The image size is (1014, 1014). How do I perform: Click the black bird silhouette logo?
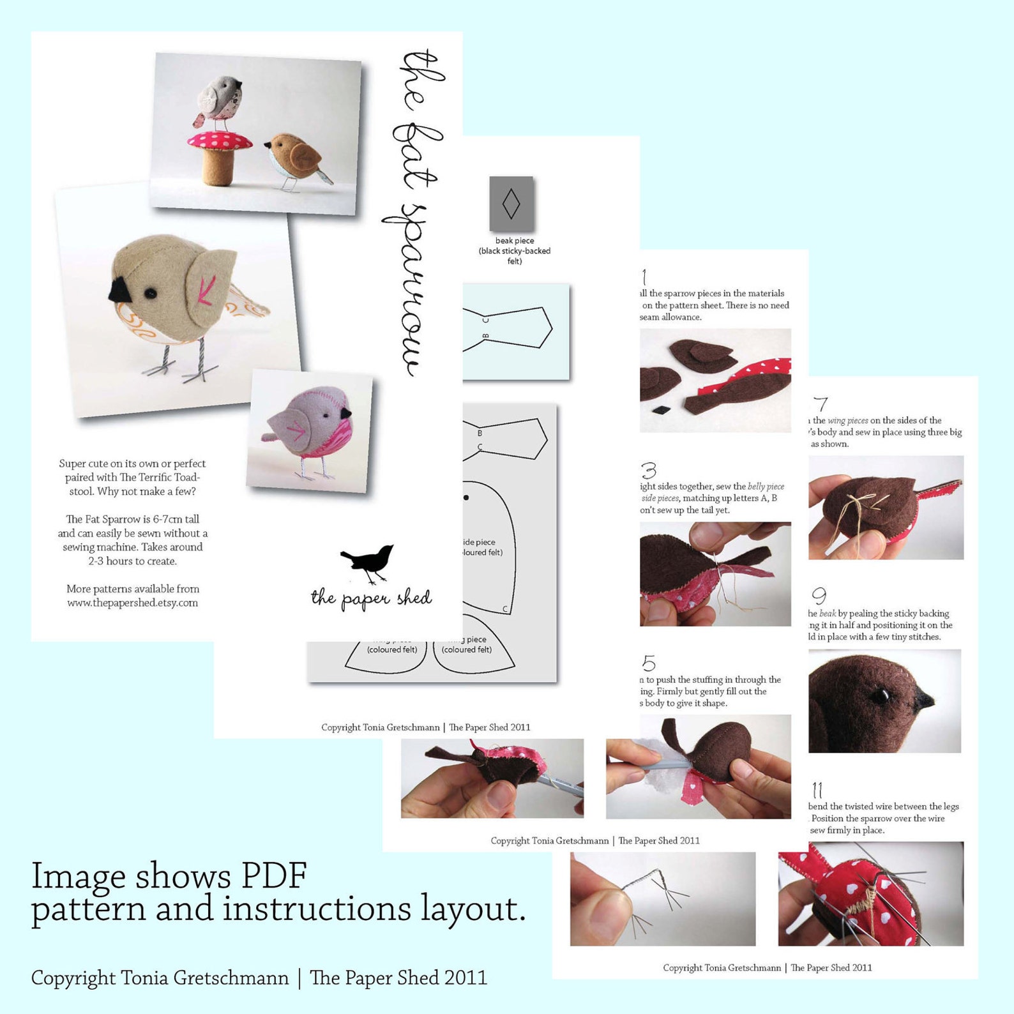tap(369, 562)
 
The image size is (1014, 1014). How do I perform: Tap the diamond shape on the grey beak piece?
tap(511, 204)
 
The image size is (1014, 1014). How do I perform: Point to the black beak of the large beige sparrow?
tap(120, 291)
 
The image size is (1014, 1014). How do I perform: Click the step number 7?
tap(821, 404)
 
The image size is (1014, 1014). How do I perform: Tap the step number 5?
tap(649, 663)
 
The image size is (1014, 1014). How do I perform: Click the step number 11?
tap(817, 790)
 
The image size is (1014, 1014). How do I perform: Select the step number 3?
tap(649, 471)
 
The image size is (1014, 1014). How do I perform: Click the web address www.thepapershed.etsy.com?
tap(133, 603)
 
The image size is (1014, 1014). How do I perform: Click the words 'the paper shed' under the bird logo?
tap(371, 598)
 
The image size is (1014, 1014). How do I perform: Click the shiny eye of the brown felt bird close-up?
tap(883, 695)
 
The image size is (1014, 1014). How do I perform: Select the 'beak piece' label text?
tap(515, 241)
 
